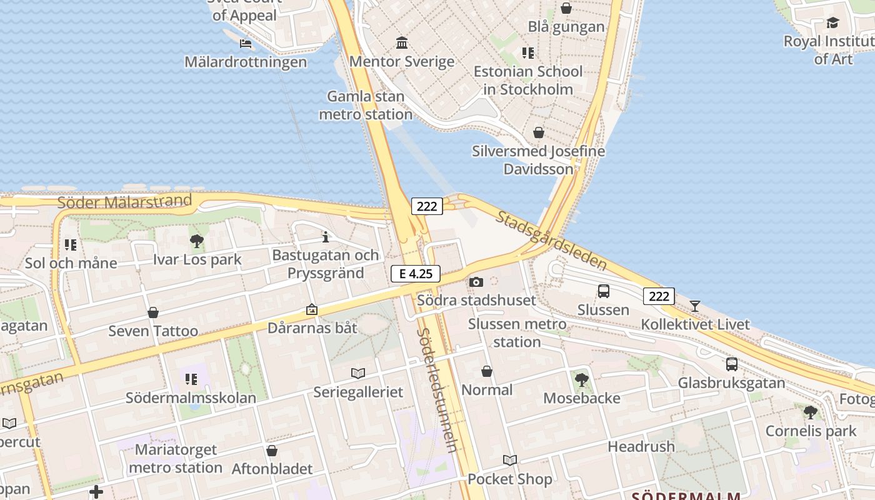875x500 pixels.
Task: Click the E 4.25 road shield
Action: (416, 274)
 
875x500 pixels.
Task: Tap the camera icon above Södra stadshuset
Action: (476, 282)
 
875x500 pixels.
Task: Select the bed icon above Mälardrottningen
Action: (246, 44)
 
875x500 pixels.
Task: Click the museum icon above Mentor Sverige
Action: (402, 43)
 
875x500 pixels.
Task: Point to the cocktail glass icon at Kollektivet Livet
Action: (694, 306)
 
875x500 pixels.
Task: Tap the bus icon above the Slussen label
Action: (603, 291)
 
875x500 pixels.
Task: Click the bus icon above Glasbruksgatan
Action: (731, 364)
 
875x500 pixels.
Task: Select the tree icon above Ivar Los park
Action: (197, 241)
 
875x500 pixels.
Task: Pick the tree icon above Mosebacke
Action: (581, 379)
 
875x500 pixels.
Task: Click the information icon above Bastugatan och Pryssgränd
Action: (325, 237)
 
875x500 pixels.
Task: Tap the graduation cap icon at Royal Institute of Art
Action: (832, 23)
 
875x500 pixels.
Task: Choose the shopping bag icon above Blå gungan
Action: (566, 8)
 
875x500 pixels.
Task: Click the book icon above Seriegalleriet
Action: (357, 373)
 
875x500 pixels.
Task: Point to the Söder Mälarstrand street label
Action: (124, 202)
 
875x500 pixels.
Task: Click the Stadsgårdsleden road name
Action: (552, 240)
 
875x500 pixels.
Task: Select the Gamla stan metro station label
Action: (366, 106)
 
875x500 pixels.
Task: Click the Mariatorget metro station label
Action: (176, 459)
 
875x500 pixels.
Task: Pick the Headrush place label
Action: (641, 446)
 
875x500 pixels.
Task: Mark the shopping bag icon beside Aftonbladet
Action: (272, 451)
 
